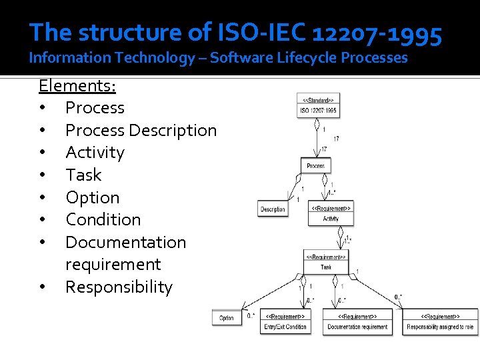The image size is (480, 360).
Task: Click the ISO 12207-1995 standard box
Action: tap(318, 106)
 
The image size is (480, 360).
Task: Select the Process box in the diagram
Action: tap(316, 165)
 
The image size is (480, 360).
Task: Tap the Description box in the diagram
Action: tap(273, 209)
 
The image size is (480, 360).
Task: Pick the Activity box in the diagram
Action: tap(331, 213)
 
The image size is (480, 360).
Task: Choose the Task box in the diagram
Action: tap(326, 262)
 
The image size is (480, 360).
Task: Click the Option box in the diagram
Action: tap(227, 318)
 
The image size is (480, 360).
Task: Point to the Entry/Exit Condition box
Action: tap(285, 322)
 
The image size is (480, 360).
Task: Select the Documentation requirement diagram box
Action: tap(357, 322)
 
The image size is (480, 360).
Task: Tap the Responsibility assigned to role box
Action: tap(440, 322)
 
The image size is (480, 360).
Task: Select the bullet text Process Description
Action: tap(141, 130)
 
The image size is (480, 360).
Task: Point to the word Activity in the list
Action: tap(95, 153)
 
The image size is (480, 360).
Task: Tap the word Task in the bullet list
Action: tap(83, 175)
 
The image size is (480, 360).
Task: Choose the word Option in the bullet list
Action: tap(93, 198)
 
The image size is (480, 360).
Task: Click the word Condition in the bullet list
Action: tap(103, 220)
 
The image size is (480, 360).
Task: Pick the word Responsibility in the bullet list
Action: tap(119, 287)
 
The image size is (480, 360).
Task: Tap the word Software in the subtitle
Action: tap(242, 58)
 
